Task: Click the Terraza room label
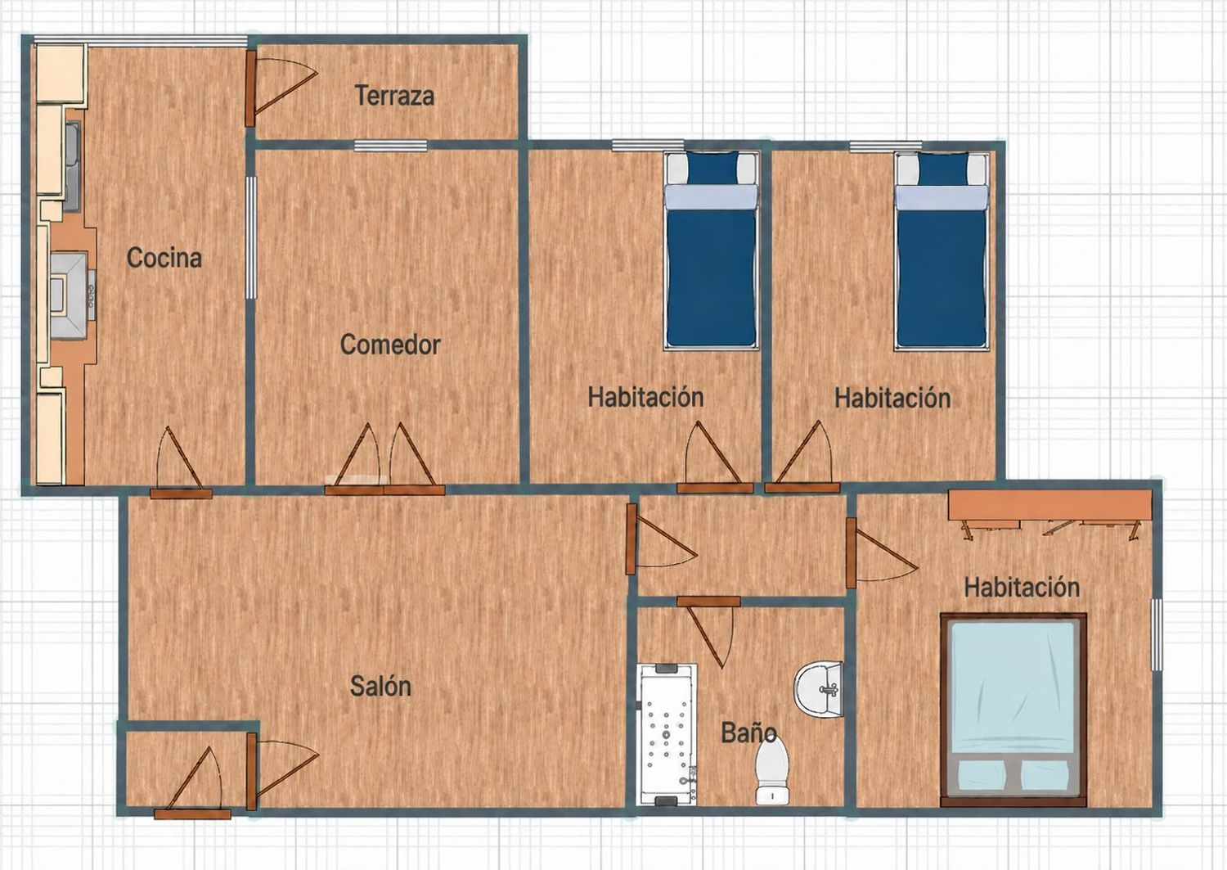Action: (x=394, y=96)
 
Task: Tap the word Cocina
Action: (x=164, y=258)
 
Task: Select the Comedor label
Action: (x=390, y=345)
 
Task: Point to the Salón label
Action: (x=380, y=686)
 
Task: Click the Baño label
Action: (x=748, y=733)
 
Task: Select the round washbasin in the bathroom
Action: (x=818, y=690)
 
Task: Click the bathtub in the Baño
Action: (x=667, y=735)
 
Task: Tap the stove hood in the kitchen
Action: (x=69, y=296)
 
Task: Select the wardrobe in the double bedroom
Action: (x=1050, y=505)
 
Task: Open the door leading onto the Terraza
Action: (x=249, y=89)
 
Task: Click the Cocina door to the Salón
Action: (x=181, y=494)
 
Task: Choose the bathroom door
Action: (x=708, y=602)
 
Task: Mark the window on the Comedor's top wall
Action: (x=390, y=146)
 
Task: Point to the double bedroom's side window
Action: (x=1157, y=634)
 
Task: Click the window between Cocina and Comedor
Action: (x=250, y=237)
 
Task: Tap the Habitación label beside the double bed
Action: (x=1022, y=588)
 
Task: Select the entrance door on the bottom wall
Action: (x=192, y=814)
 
